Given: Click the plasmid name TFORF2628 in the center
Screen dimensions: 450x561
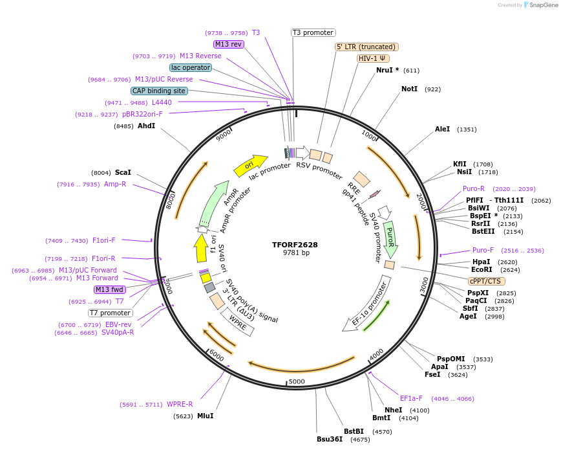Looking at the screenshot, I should click(295, 245).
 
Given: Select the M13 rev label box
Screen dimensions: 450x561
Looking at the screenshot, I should click(228, 44).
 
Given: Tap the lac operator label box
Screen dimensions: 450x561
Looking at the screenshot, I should click(191, 67).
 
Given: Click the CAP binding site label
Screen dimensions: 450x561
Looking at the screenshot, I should click(160, 91).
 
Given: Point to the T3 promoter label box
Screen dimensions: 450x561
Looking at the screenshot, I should click(313, 32).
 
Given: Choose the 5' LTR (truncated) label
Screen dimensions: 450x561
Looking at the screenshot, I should click(366, 47).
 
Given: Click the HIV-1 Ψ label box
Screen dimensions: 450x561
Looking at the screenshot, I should click(374, 58).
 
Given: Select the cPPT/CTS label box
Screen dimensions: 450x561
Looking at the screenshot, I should click(487, 281).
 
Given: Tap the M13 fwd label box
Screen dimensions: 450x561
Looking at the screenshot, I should click(109, 289).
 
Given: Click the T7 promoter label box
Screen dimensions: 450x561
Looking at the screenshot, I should click(111, 313).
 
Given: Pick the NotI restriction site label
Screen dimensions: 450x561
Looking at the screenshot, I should click(410, 89).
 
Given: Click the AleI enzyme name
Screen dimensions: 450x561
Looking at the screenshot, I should click(442, 129).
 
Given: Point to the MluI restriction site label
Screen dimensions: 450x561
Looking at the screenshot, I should click(205, 416).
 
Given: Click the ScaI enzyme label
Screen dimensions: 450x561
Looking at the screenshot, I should click(123, 172).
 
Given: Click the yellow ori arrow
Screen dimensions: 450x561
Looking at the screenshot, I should click(250, 165).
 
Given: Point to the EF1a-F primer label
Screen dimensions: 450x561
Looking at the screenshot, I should click(411, 398).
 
